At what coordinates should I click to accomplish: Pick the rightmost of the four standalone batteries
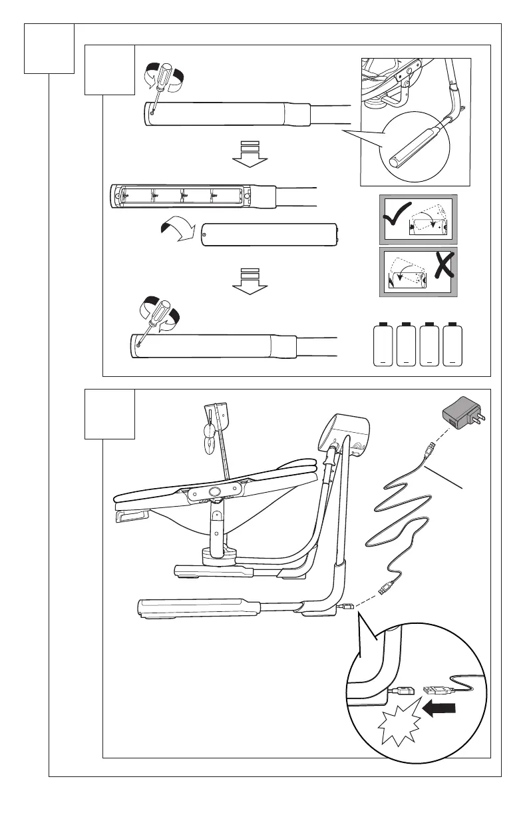(452, 344)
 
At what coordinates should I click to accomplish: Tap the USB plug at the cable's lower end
(386, 588)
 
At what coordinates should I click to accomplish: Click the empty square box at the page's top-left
(49, 48)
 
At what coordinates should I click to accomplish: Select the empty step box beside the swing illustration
(110, 414)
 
